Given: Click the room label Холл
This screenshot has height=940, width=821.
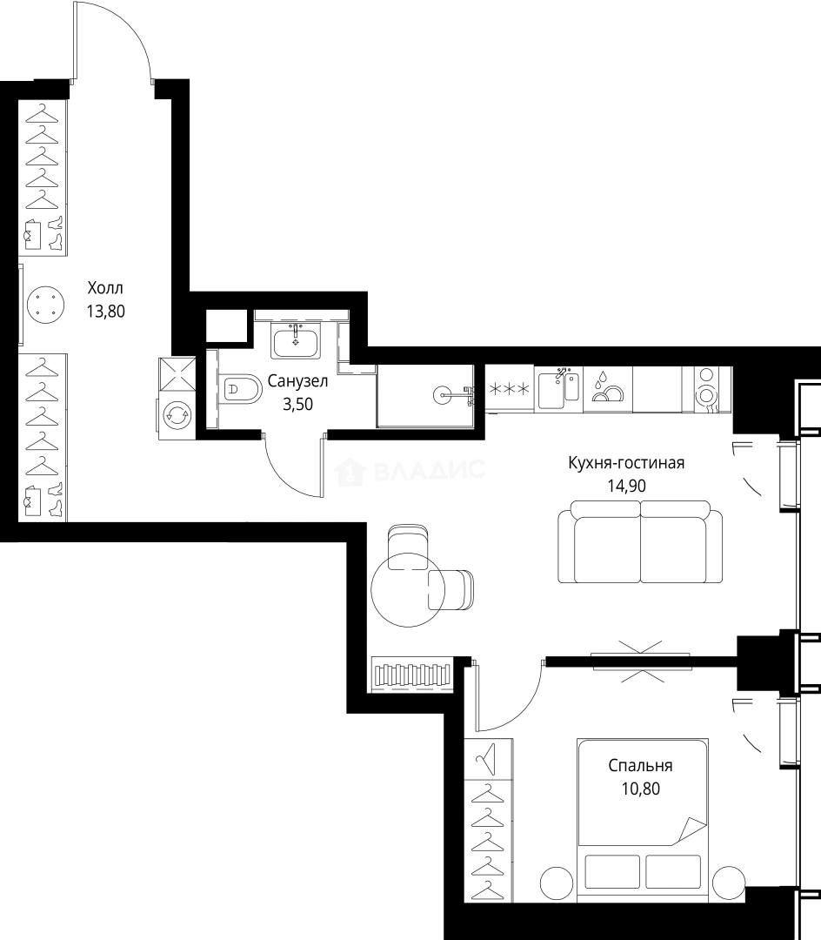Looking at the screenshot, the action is (x=105, y=288).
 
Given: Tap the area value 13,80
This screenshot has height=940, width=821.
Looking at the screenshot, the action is (x=105, y=311).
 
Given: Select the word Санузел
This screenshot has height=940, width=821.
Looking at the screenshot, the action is (x=297, y=380).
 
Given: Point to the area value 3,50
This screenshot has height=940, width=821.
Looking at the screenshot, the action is (x=297, y=404).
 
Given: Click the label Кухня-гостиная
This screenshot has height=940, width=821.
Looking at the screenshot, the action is (x=626, y=463).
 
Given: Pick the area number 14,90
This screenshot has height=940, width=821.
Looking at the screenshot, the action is (x=626, y=486).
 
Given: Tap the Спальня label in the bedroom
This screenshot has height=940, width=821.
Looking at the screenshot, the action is (x=640, y=766).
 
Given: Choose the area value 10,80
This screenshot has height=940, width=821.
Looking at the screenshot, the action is (x=640, y=789).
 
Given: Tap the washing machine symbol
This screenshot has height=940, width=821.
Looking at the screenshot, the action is (x=177, y=414).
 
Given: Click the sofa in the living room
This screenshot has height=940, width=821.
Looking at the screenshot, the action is (x=640, y=541).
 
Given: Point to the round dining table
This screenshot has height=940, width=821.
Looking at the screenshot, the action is (x=408, y=590).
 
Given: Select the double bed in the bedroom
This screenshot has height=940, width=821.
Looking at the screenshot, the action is (x=643, y=820).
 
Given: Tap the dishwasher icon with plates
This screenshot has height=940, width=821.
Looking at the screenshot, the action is (x=607, y=388).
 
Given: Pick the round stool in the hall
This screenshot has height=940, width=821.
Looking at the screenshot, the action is (x=45, y=305).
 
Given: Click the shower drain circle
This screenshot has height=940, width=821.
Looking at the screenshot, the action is (x=441, y=394).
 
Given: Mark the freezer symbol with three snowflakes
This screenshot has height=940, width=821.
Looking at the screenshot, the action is (x=509, y=388).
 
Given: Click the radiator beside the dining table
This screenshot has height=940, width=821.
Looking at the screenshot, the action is (x=411, y=675).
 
